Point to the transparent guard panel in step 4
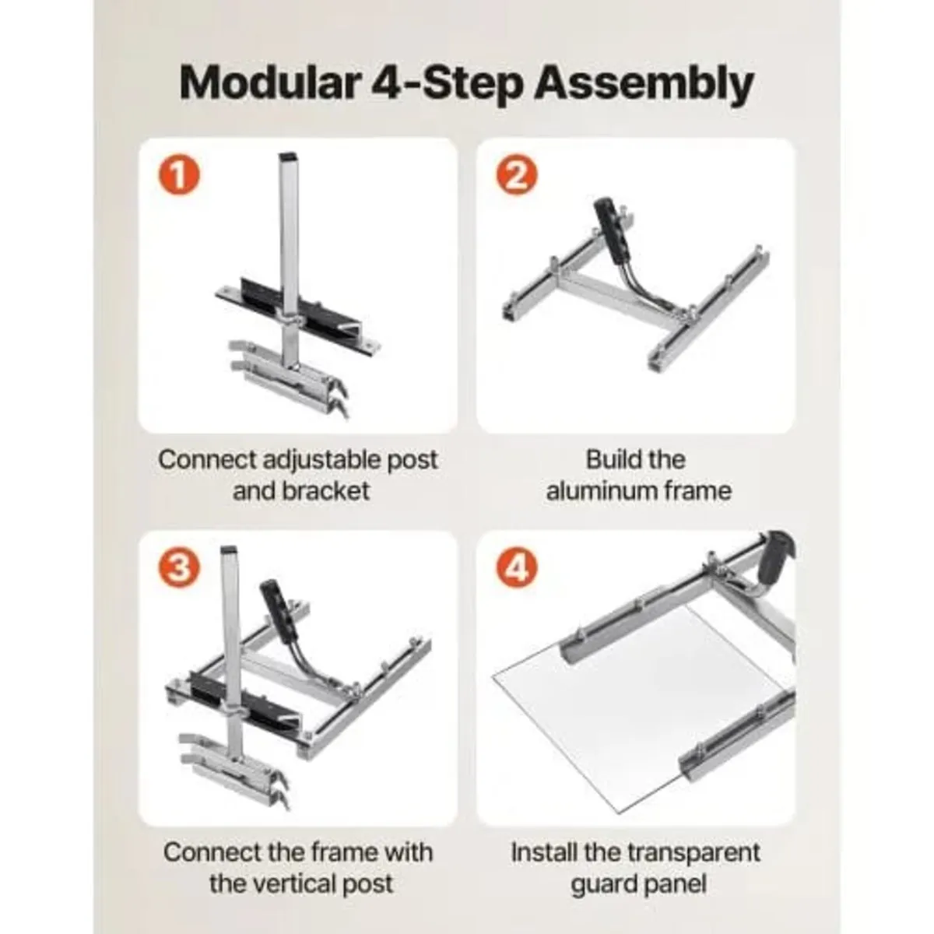click(623, 700)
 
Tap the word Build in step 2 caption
click(613, 459)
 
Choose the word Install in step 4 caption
click(543, 852)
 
